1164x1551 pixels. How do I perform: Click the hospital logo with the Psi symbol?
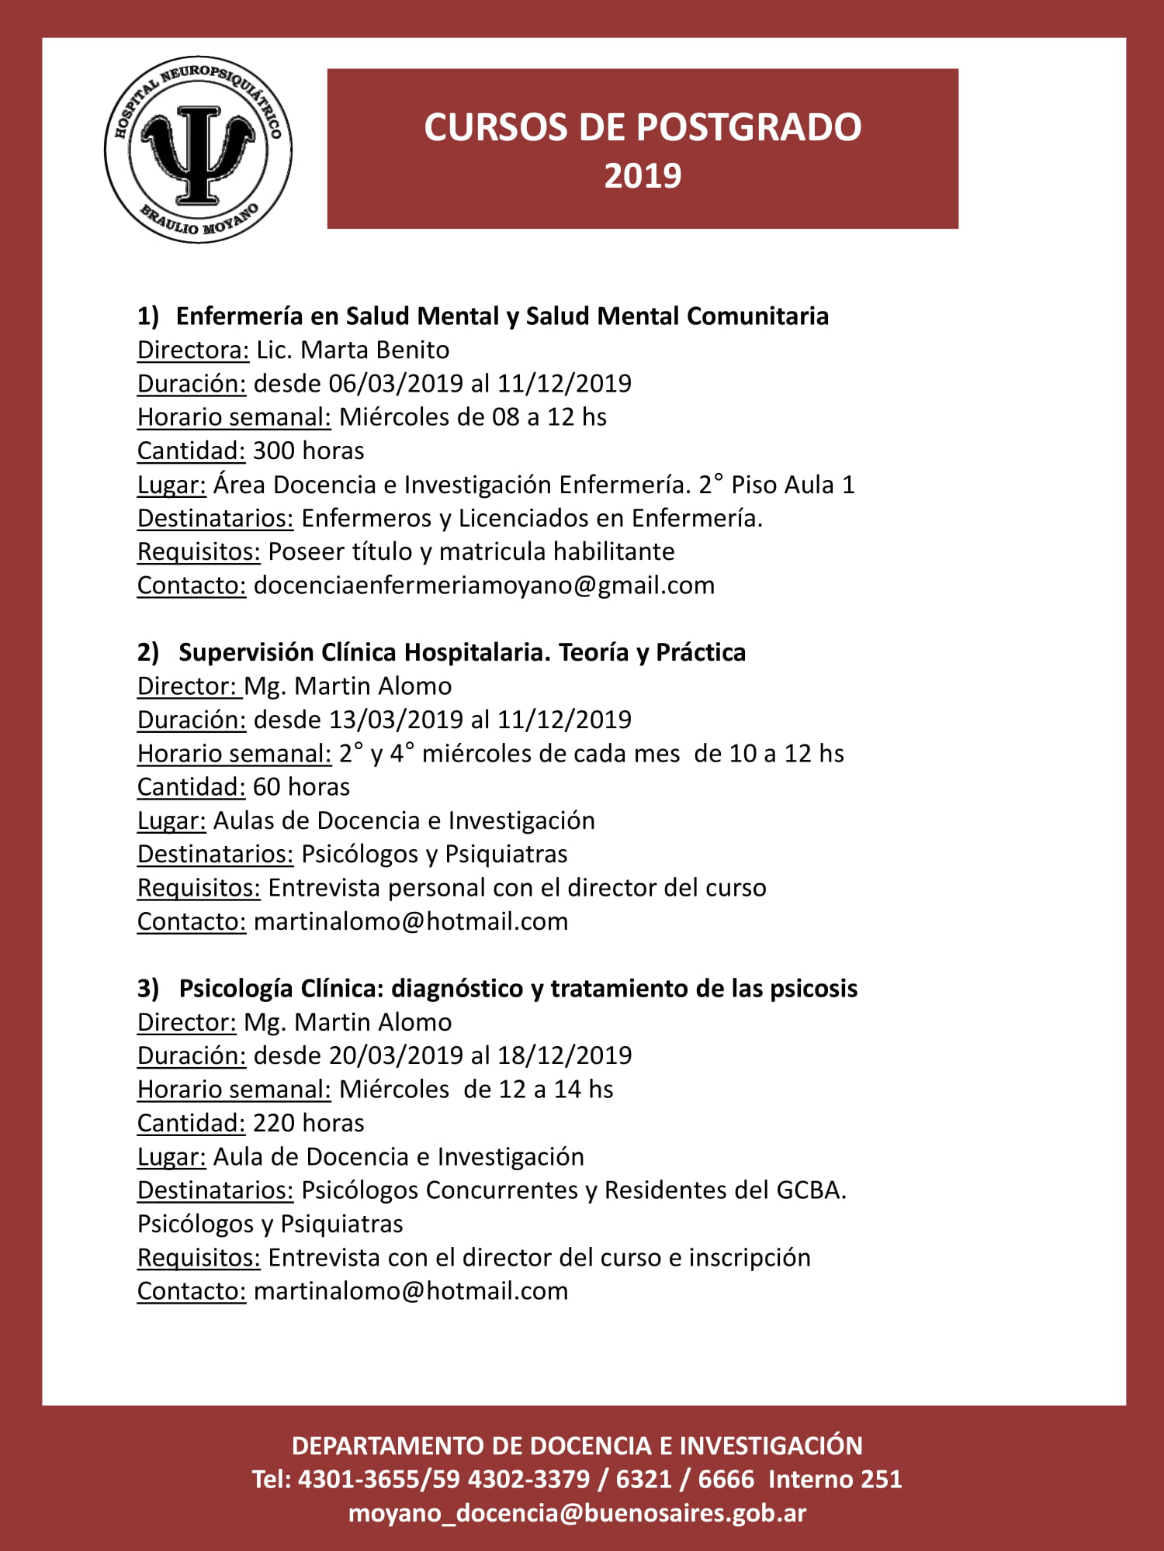[199, 149]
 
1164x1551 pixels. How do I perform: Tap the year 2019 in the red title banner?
[643, 176]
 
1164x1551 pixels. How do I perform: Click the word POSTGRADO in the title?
[729, 128]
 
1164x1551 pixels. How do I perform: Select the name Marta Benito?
[375, 351]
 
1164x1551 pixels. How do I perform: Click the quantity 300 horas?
[308, 451]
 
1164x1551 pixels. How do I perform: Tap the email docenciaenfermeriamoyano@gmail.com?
[483, 586]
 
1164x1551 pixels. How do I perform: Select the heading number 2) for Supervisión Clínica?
[147, 653]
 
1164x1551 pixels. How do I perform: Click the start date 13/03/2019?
[396, 720]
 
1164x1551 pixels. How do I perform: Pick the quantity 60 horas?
[301, 787]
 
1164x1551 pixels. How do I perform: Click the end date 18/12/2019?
[565, 1055]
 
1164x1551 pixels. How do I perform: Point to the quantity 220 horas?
[308, 1123]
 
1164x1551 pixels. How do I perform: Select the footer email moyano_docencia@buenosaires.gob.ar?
[577, 1513]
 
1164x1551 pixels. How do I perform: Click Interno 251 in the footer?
[835, 1480]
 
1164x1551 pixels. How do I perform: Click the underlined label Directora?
[193, 351]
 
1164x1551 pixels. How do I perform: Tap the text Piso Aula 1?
[792, 485]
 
